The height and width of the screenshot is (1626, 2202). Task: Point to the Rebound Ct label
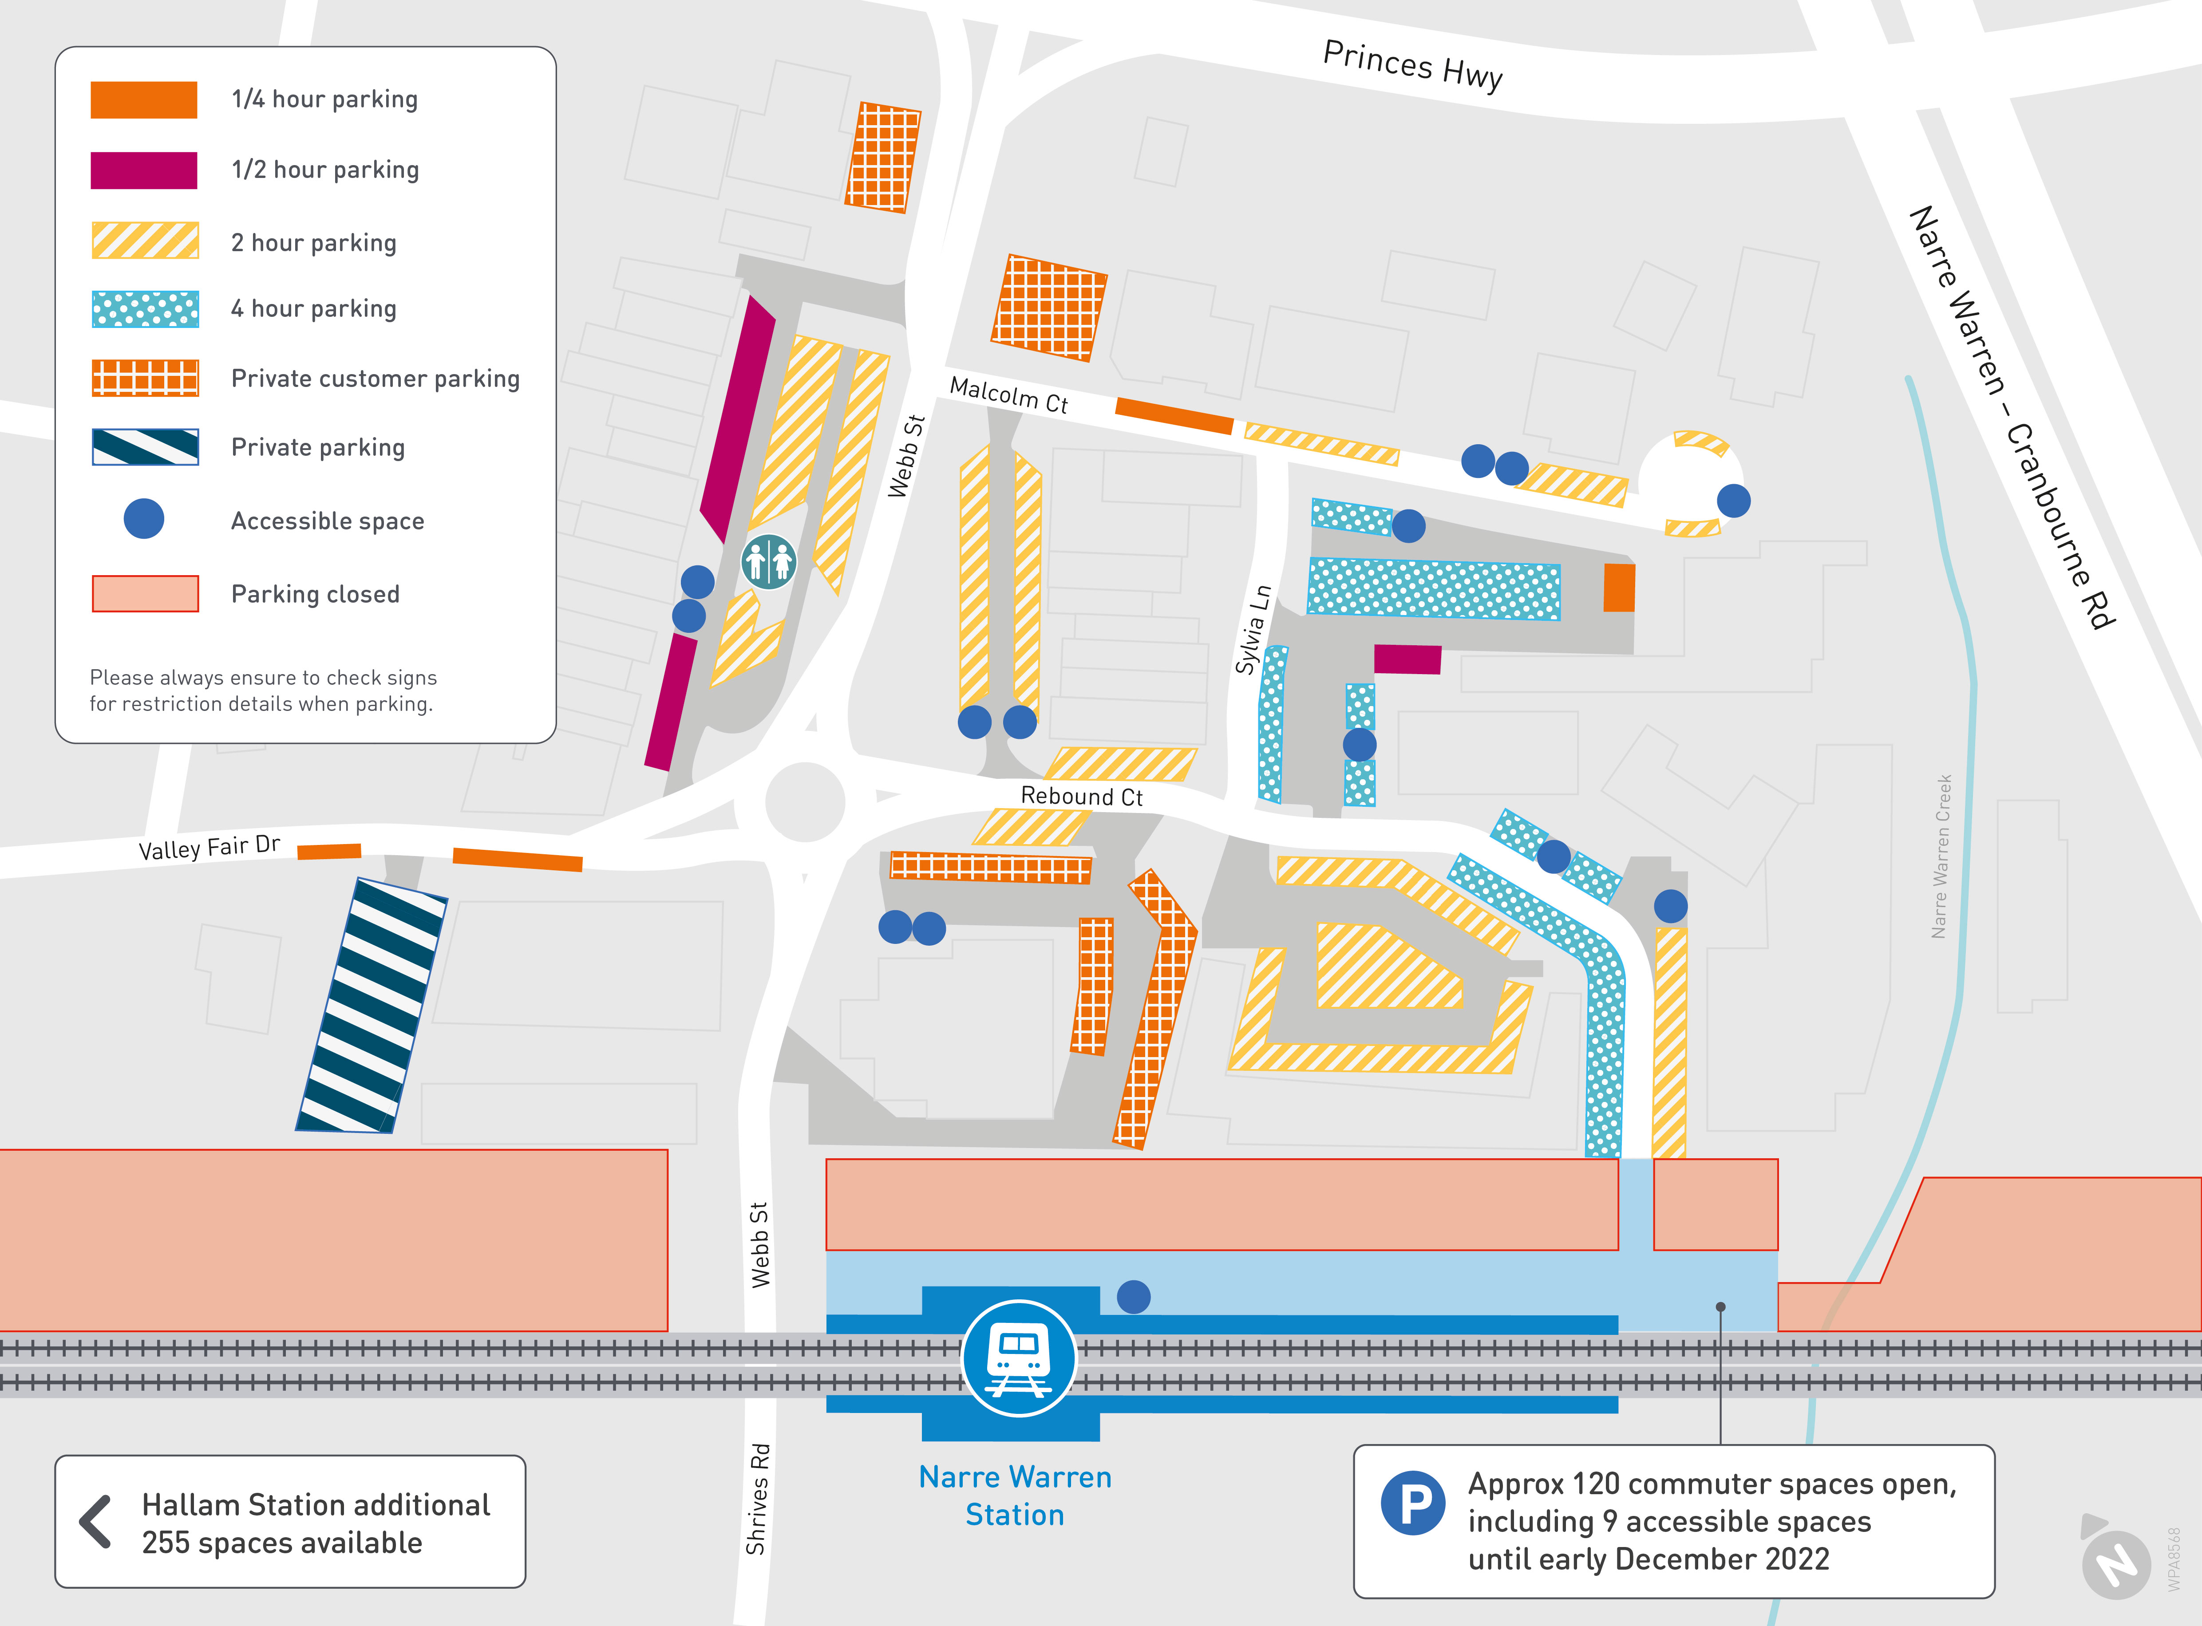click(1081, 796)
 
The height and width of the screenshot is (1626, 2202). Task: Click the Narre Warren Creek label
click(1941, 856)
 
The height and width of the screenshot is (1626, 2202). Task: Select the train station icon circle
click(1018, 1358)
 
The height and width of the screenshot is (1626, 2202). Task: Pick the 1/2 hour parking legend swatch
click(144, 170)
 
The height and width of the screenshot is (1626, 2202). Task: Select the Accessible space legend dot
click(144, 519)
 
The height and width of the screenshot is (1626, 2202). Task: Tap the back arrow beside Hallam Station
click(95, 1522)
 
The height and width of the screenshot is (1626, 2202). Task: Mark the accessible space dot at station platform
click(1133, 1296)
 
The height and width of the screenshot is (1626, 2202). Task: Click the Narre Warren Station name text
click(1015, 1495)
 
